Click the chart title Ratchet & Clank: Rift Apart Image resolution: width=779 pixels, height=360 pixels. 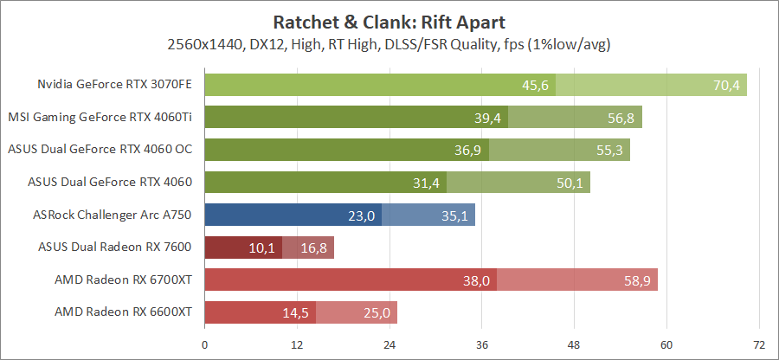click(389, 21)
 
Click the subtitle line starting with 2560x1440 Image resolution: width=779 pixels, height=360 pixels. click(389, 43)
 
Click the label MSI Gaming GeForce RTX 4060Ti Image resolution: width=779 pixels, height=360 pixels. click(100, 117)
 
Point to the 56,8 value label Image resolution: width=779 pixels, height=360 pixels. click(622, 118)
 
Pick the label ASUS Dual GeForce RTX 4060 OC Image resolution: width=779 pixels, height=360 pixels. click(100, 149)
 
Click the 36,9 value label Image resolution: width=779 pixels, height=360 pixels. click(469, 150)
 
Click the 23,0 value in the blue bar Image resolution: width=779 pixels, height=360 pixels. click(362, 215)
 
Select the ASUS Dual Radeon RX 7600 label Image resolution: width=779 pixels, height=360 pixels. click(115, 247)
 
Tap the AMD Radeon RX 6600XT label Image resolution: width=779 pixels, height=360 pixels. click(123, 312)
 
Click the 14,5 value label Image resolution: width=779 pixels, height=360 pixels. click(296, 313)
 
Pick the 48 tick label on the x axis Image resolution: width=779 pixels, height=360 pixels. click(574, 344)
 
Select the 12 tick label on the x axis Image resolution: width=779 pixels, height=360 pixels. click(296, 344)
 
